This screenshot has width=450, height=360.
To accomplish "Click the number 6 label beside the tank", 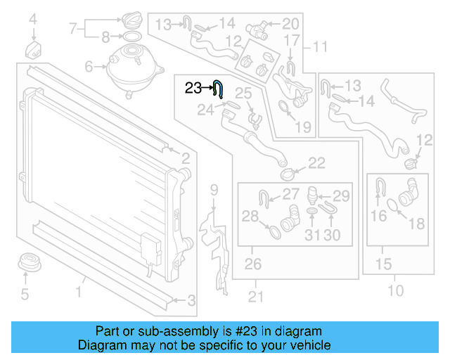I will [89, 67].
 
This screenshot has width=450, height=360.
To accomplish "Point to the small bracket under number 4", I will [32, 51].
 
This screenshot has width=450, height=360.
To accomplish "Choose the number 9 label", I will [214, 189].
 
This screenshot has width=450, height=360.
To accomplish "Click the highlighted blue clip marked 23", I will [219, 89].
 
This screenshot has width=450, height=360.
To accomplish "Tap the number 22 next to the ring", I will [317, 163].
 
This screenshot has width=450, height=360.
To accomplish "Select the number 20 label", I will [290, 24].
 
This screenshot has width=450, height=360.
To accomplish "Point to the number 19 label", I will [303, 127].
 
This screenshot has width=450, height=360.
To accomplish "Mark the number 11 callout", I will [321, 48].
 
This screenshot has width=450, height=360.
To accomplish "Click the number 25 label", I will [243, 93].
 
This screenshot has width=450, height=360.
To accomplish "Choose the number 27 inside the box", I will [290, 195].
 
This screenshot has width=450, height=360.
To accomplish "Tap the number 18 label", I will [417, 224].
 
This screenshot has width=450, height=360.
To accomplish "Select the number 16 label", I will [379, 216].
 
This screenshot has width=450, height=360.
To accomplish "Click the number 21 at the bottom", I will [256, 297].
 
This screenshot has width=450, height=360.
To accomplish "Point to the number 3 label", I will [191, 301].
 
